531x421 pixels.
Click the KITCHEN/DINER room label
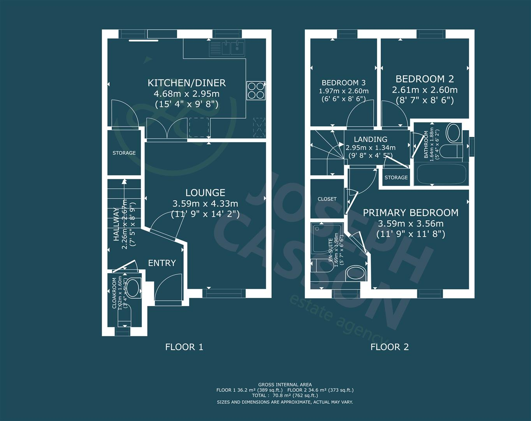(186, 83)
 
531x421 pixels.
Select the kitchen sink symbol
(226, 48)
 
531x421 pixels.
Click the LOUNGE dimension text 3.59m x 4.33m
(205, 203)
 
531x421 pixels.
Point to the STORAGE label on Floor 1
(124, 153)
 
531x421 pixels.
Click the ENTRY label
(162, 263)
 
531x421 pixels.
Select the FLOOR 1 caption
(184, 347)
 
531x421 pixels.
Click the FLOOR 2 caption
(389, 347)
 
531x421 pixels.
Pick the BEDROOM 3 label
(343, 83)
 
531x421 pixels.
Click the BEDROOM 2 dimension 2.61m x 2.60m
(425, 90)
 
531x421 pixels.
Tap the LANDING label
(371, 140)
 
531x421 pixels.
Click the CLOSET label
(327, 199)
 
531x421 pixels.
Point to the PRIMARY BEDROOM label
(410, 213)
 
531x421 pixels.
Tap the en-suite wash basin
(355, 273)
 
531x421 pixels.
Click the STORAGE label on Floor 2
(396, 178)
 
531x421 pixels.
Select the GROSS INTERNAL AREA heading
(285, 385)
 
